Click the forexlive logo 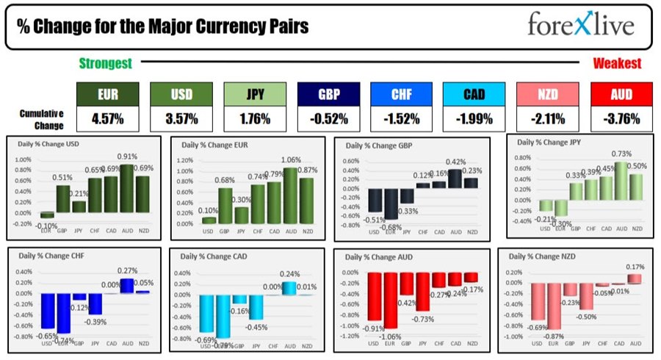(579, 26)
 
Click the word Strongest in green (106, 63)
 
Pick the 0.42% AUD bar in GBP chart (456, 178)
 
